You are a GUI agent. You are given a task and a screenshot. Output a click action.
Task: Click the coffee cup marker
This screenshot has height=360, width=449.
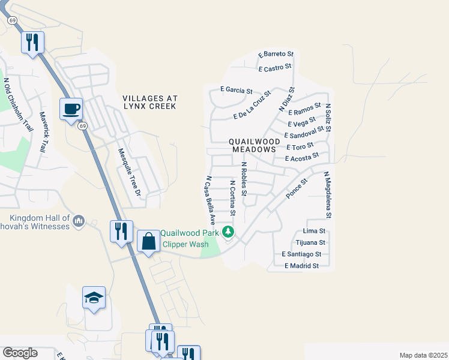71,109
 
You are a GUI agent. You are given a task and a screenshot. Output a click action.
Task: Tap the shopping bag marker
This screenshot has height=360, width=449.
148,241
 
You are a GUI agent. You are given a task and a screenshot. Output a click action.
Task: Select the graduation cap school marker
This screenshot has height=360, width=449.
94,298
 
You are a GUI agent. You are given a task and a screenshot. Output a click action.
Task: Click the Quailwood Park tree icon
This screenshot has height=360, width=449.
228,232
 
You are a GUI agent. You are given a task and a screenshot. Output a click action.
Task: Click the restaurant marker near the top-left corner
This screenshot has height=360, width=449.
32,42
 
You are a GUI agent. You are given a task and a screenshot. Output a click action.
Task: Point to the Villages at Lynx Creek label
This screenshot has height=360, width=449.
149,101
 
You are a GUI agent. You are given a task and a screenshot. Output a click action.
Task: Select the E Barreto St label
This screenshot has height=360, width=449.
276,55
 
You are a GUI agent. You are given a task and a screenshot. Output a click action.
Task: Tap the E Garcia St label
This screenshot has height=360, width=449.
236,90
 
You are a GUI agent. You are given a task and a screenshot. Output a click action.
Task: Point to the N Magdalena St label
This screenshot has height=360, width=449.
327,195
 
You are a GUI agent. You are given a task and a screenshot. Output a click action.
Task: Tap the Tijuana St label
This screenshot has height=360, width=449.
310,243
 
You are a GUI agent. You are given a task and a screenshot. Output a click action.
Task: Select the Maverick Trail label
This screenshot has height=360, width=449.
43,132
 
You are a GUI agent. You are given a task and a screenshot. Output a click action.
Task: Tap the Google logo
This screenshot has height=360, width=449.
20,353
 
